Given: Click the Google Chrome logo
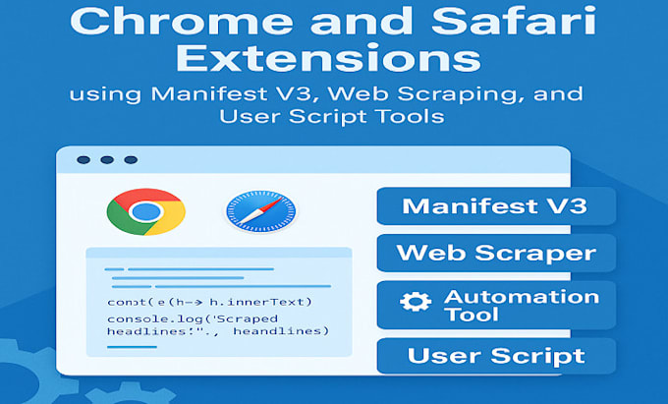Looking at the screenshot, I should [145, 211].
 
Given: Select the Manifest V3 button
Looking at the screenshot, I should [495, 206].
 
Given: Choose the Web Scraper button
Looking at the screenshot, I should [495, 253].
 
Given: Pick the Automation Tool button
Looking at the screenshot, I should [495, 306].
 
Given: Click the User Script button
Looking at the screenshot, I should [495, 356].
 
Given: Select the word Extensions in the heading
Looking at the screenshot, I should [334, 60].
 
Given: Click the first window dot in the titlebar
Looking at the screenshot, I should [83, 160].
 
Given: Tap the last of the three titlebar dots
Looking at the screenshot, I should [130, 160].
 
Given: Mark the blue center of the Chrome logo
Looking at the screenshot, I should [145, 211].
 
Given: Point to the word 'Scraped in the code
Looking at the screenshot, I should [249, 319].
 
